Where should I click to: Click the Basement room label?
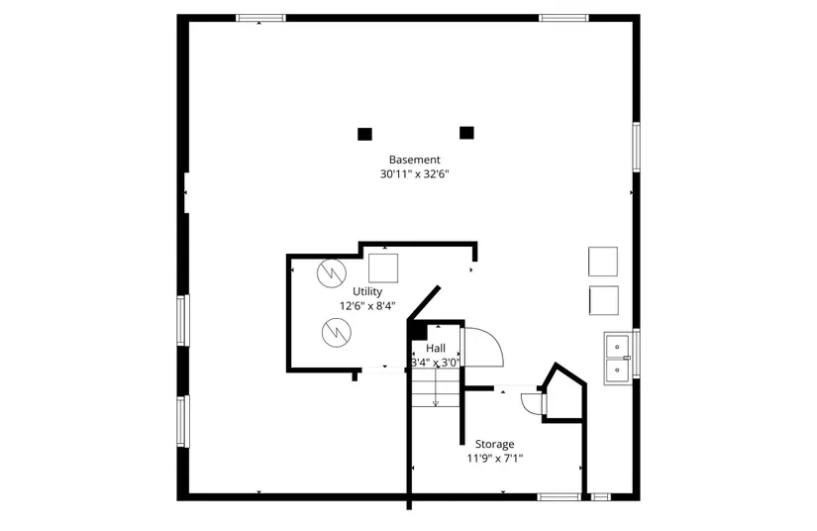coord(414,159)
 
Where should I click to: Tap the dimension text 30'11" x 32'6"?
coord(414,174)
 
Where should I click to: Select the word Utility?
coord(367,291)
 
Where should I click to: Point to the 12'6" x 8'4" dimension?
coord(367,306)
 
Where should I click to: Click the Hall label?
coord(436,349)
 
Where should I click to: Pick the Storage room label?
coord(494,444)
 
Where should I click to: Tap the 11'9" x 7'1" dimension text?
coord(494,459)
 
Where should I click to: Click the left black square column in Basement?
coord(364,133)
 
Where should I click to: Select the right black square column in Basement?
coord(466,132)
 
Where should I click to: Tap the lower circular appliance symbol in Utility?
coord(335,333)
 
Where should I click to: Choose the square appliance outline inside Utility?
coord(383,268)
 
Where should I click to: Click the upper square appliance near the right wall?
coord(603,262)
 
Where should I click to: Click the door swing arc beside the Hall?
coord(485,346)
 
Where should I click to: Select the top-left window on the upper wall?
coord(260,17)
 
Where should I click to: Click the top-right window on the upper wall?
coord(563,17)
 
